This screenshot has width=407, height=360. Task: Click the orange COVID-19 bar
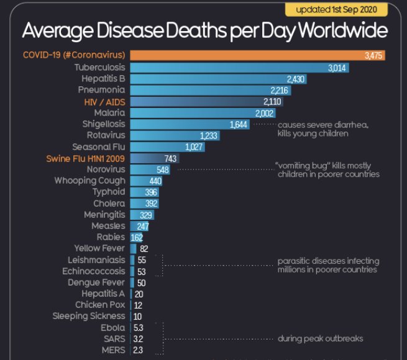tap(257, 55)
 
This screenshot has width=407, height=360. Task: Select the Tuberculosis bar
tap(239, 67)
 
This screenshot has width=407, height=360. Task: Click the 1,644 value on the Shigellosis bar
tap(239, 124)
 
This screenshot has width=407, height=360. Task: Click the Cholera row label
tap(109, 204)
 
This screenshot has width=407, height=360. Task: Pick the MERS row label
tap(114, 350)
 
